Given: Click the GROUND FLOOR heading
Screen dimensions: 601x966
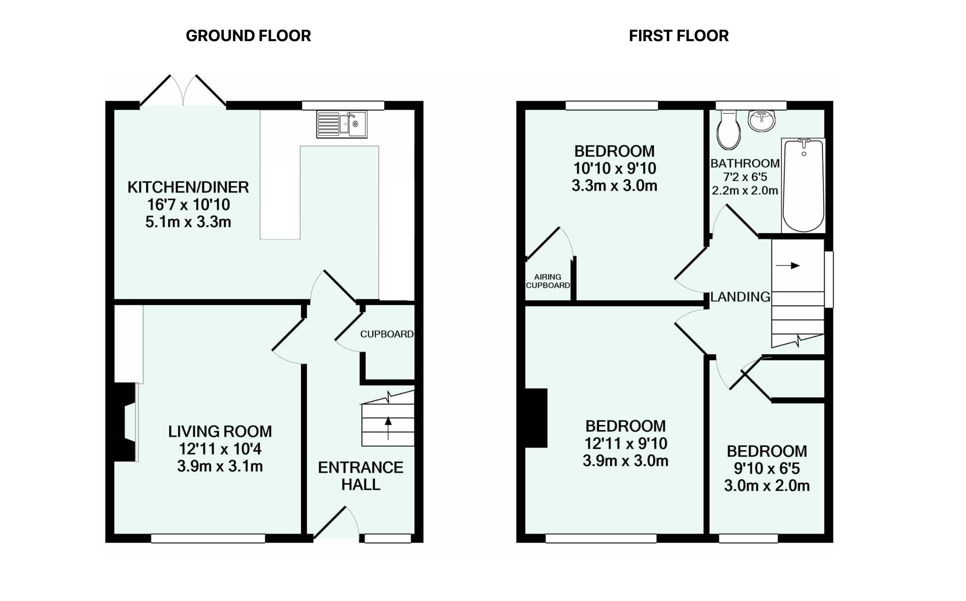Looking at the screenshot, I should point(248,36).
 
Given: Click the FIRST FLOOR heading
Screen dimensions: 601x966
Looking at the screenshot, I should point(679,36).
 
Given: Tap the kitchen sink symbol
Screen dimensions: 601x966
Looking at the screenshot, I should point(342,124).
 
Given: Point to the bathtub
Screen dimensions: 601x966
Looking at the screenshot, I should point(803,185).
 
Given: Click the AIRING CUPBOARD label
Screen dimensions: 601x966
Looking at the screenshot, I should point(548,281).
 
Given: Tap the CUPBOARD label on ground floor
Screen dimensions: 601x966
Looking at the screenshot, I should point(386,334).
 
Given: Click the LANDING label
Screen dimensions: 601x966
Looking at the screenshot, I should point(740,297).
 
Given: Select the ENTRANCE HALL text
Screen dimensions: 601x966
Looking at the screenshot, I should point(361,476).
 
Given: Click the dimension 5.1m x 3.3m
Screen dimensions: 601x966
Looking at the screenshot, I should point(188,222).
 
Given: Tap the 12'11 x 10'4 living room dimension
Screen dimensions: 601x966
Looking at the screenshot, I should point(220,449).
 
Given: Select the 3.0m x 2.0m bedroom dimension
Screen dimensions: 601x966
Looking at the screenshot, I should point(767,486).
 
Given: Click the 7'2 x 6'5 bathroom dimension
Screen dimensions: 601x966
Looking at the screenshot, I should point(745,177).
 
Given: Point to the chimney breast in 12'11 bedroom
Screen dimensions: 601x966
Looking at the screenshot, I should point(536,418).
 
